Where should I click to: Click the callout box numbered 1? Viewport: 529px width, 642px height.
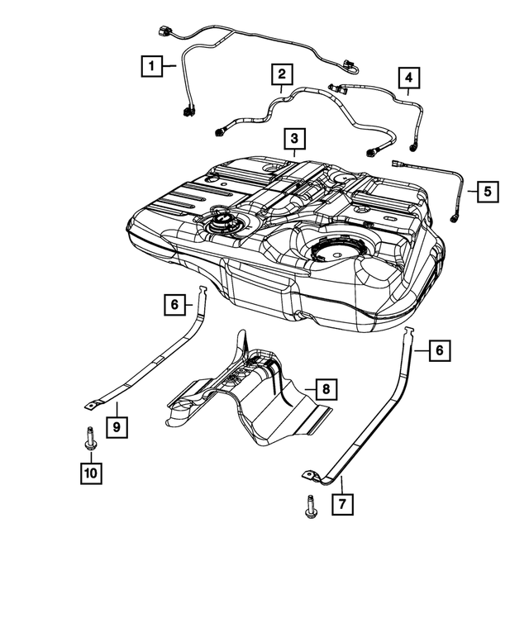(150, 64)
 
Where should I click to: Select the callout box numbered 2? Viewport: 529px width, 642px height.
(281, 74)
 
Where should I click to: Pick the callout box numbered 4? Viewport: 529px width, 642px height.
(407, 78)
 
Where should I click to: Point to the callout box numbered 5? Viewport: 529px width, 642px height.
(487, 191)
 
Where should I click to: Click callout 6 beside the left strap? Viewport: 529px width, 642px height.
(174, 305)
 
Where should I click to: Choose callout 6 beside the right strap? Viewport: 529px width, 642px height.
(440, 351)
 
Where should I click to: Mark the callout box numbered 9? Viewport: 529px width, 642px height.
(117, 427)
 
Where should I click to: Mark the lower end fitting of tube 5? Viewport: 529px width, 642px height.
(455, 219)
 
